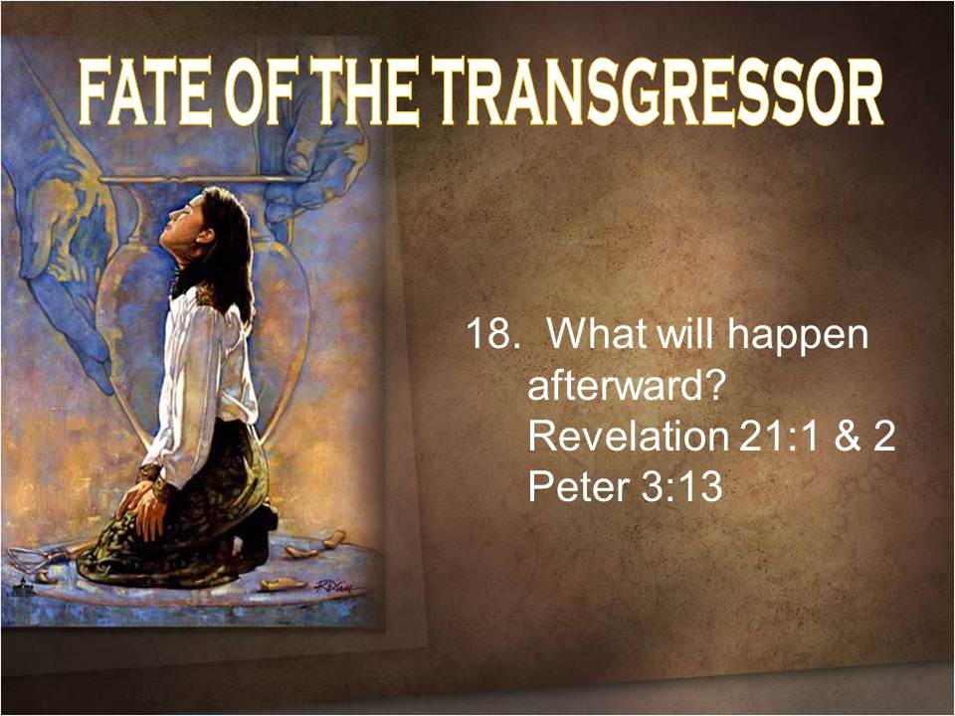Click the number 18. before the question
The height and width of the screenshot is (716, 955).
click(491, 334)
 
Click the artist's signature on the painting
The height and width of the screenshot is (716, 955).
click(335, 587)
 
